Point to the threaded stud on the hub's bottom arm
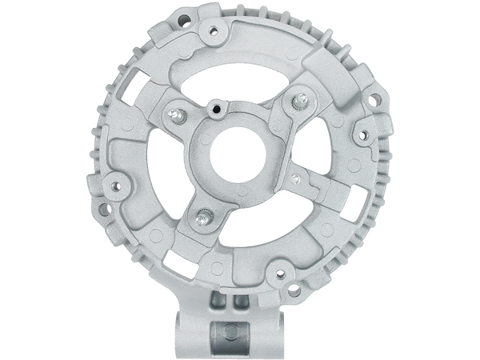click(x=205, y=214)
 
